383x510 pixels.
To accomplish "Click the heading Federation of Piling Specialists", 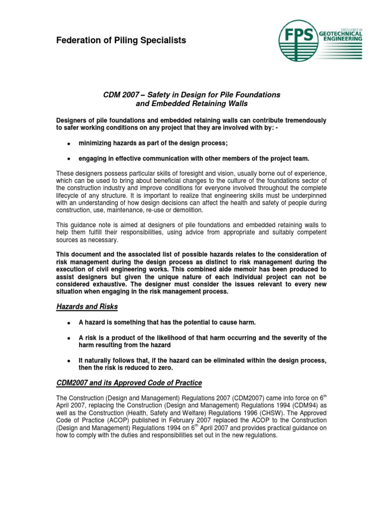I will [x=121, y=40].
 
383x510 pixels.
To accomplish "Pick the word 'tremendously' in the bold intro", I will [x=303, y=120].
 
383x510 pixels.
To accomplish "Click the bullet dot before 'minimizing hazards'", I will [x=67, y=144].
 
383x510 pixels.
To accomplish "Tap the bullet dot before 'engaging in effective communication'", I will [x=67, y=159].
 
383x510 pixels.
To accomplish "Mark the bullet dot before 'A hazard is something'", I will [x=67, y=323].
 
